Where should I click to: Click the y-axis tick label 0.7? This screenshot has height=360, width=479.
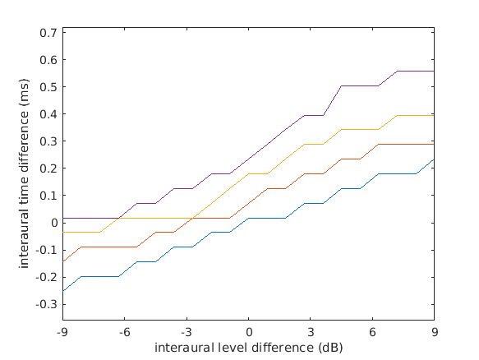48,33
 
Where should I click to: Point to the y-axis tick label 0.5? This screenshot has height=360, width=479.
48,87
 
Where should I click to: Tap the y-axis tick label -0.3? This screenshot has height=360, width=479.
47,303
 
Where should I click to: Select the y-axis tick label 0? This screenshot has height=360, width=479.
53,223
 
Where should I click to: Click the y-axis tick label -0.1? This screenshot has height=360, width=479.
47,250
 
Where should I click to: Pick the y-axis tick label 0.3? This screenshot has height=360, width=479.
48,141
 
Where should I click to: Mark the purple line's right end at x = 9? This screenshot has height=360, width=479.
434,72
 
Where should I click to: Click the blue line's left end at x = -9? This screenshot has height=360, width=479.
62,291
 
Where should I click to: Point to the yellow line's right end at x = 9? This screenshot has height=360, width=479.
434,115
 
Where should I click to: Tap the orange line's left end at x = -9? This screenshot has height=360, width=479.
62,261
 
